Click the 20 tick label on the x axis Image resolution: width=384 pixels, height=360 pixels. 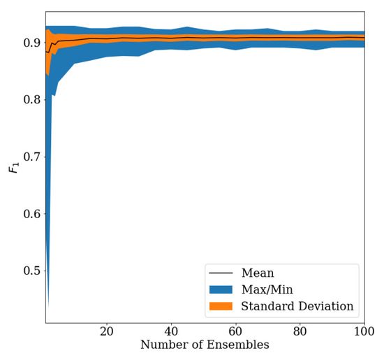pos(107,331)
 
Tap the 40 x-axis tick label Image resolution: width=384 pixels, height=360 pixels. pos(171,331)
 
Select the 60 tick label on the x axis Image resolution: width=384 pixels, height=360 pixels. pos(235,331)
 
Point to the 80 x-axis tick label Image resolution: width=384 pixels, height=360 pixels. pos(300,331)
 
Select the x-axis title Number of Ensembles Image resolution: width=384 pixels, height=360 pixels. pos(205,345)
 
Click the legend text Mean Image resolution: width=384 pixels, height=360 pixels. pos(257,273)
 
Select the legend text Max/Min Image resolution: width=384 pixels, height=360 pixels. pos(267,289)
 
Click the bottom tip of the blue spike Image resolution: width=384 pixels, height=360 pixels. pos(47,308)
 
